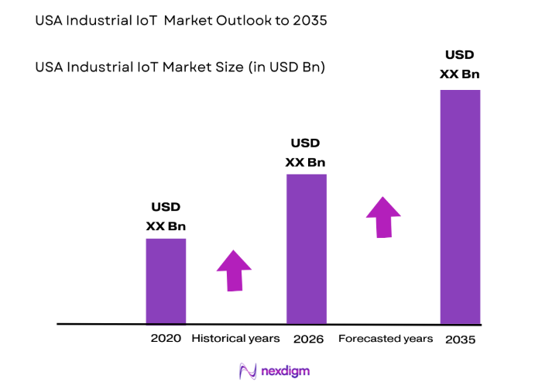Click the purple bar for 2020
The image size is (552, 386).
point(166,281)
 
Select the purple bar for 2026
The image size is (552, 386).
point(306,248)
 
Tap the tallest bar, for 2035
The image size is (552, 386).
point(460,206)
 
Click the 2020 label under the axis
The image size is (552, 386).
point(166,339)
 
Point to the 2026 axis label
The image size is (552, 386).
point(308,339)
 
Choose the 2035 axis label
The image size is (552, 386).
point(460,339)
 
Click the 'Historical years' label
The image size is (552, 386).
point(235,339)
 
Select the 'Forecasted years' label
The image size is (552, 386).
point(386,339)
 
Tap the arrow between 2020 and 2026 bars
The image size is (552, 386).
point(234,271)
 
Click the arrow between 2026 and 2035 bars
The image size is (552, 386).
point(383,216)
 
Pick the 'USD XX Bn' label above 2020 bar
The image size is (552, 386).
point(166,217)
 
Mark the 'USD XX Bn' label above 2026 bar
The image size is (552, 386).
point(305,153)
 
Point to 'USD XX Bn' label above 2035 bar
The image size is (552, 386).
point(459,64)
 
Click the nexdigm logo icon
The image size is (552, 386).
point(248,370)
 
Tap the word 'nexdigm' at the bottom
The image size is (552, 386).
point(286,370)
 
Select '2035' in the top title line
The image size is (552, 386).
point(310,21)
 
